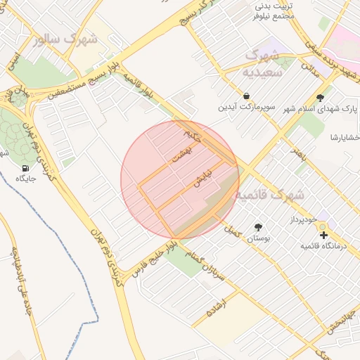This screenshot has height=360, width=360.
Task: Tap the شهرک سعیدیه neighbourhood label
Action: tap(262, 62)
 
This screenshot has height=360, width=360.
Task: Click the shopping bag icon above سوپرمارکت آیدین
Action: tap(247, 96)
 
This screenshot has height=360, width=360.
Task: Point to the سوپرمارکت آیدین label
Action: tap(247, 108)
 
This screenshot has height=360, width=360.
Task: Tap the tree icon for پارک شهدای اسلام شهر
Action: tap(321, 98)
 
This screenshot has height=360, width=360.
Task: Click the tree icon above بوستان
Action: tap(258, 226)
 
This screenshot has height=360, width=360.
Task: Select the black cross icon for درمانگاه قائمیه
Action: tap(323, 234)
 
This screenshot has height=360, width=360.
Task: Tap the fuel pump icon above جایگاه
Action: tap(26, 168)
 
